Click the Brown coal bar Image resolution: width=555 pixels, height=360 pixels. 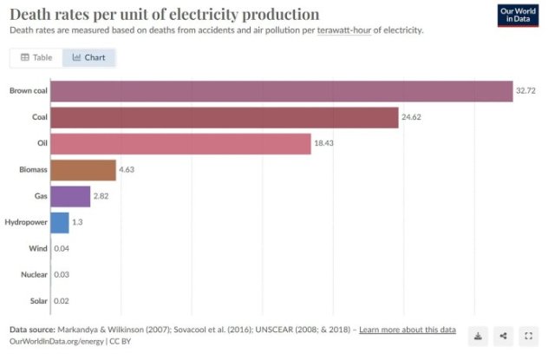[282, 91]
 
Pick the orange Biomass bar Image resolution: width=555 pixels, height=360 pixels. [82, 170]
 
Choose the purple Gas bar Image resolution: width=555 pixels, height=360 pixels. [70, 197]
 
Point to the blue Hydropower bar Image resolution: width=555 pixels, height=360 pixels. [60, 223]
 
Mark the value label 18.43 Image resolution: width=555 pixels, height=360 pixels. [325, 144]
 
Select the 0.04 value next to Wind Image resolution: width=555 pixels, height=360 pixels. [62, 249]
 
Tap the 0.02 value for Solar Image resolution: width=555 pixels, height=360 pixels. [62, 302]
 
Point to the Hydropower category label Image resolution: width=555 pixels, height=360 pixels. [26, 223]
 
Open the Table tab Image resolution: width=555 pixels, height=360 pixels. [36, 58]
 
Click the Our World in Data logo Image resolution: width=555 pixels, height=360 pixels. [519, 16]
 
